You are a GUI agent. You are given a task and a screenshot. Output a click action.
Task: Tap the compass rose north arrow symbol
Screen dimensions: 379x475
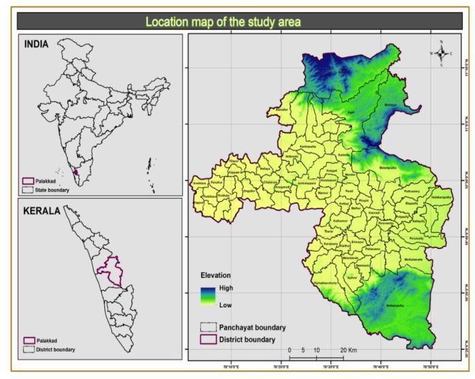441,53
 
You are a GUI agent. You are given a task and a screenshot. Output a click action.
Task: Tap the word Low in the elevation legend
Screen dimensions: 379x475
225,305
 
